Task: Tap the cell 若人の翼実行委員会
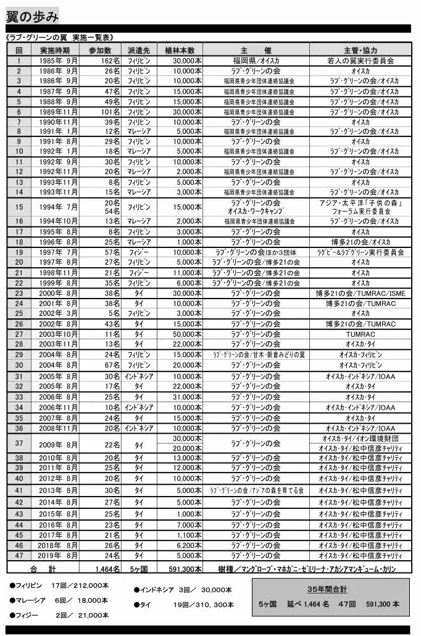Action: click(x=361, y=60)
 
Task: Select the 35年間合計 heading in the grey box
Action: click(x=330, y=589)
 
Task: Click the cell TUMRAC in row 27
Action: click(x=361, y=334)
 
